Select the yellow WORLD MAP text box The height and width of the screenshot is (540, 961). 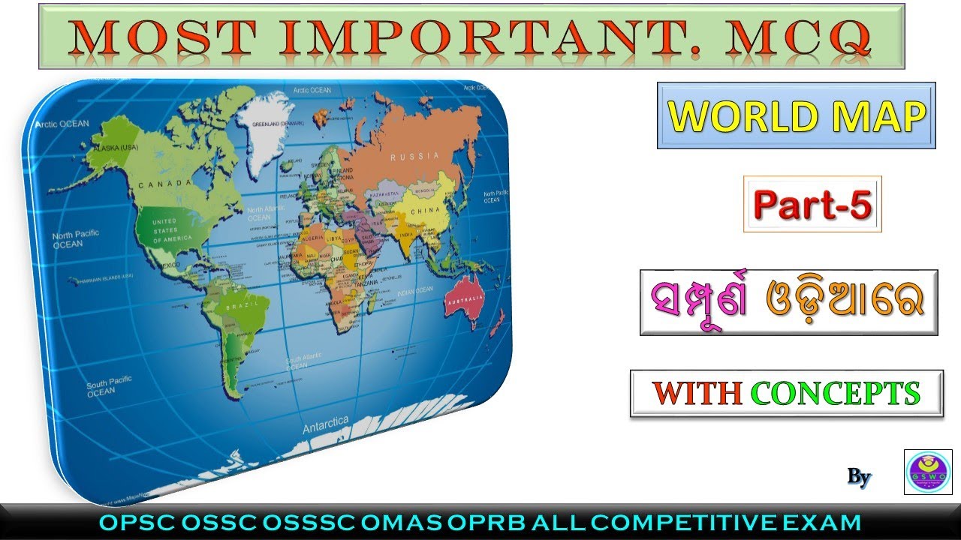coord(796,115)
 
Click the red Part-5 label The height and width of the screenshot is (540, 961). coord(812,204)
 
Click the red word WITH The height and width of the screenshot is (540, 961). coord(697,393)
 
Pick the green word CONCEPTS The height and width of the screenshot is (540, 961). coord(835,393)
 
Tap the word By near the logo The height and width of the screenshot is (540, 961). coord(859,476)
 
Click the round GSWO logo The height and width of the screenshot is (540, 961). coord(928,472)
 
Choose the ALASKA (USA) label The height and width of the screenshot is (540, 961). coord(112,149)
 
